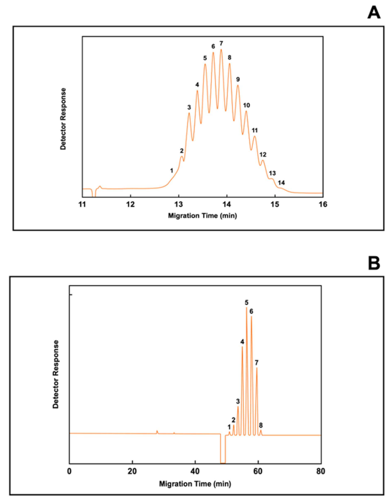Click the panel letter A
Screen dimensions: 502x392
pos(374,12)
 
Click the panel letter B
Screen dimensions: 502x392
pos(374,263)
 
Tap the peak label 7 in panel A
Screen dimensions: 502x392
pos(221,43)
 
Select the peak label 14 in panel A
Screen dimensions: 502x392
pos(281,182)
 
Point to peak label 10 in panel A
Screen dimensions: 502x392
pos(247,105)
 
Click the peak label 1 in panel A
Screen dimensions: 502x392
pos(171,170)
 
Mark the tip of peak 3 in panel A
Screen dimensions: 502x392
pos(189,113)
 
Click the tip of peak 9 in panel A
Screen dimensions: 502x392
pos(238,86)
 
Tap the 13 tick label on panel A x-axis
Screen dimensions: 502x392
pos(178,204)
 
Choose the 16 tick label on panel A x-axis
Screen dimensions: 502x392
pos(323,204)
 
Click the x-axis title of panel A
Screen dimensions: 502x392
pos(202,215)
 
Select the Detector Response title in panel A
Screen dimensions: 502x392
pos(63,119)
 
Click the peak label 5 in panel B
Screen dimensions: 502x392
pos(247,302)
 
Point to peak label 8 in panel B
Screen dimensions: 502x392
pos(261,425)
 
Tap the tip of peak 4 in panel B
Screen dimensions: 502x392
pos(242,347)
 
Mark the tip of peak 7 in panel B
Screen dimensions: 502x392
pos(256,368)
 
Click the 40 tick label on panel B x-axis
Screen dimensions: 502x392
pos(195,471)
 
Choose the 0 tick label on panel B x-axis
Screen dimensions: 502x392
pos(69,471)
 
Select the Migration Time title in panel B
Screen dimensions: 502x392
pos(195,484)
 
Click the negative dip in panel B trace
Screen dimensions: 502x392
pos(223,460)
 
